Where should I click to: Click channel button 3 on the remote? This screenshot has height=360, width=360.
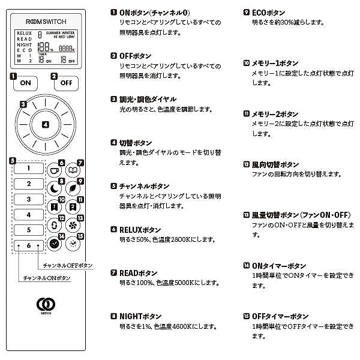click(x=28, y=199)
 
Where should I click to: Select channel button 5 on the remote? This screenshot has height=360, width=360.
click(x=28, y=230)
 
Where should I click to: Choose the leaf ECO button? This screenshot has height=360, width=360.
click(x=73, y=188)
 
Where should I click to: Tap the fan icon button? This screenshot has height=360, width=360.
click(x=73, y=226)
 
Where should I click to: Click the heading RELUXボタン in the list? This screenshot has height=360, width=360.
click(x=140, y=229)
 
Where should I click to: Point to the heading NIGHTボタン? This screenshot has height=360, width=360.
click(x=140, y=316)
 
